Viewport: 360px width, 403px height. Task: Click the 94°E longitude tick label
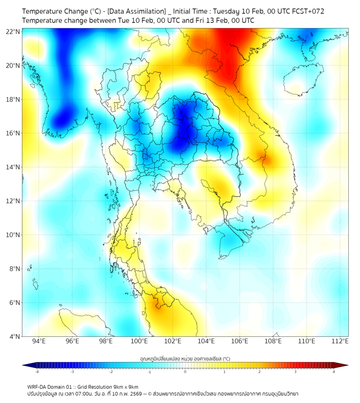coord(39,341)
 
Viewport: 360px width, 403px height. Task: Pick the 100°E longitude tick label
coord(140,341)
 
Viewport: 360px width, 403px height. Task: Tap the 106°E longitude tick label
coord(240,341)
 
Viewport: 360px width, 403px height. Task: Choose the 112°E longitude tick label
coord(340,341)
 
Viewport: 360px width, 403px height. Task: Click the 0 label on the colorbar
coord(185,372)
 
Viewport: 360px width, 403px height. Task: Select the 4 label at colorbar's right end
coord(333,372)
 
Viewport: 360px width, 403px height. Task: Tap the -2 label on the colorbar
coord(110,372)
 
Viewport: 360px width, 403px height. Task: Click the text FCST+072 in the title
coord(307,11)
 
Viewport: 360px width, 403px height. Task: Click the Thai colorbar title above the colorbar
coord(185,359)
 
